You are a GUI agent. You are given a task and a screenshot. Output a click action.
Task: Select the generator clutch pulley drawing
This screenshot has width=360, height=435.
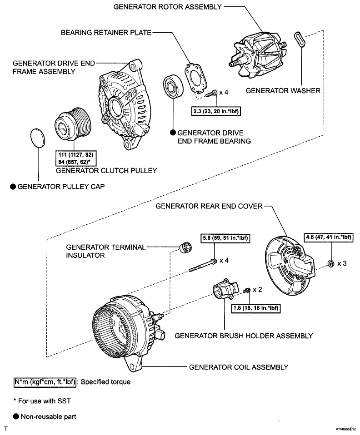tap(71, 126)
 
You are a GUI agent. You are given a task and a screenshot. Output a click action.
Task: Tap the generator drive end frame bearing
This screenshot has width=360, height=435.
tap(173, 87)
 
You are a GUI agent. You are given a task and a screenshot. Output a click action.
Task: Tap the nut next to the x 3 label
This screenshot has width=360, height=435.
tap(331, 263)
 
